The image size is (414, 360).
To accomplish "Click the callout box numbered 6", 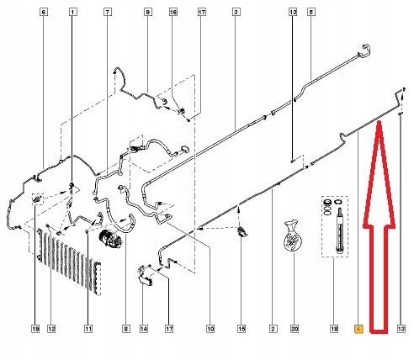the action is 43,12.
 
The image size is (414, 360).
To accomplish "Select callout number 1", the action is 72,12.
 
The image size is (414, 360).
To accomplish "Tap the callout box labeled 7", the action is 108,12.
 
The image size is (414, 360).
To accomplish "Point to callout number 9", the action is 148,12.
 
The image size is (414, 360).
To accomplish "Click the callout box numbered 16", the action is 173,12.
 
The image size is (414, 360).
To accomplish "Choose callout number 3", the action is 236,12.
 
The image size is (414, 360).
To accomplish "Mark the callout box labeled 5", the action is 311,12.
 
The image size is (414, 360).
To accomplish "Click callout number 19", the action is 35,329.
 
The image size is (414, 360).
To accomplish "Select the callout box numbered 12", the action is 51,329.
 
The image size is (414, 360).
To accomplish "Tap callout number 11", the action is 88,329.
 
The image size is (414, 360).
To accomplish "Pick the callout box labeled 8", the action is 126,329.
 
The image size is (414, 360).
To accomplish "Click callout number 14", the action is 144,329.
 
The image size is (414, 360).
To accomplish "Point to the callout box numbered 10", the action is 210,329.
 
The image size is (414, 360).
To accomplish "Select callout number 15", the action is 241,329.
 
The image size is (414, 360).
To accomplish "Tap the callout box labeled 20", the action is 295,329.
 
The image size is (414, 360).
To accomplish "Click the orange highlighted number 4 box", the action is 359,329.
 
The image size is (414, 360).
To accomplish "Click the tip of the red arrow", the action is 379,121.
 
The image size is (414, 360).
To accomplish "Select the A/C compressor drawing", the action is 109,238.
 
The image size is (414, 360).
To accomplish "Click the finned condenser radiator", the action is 69,262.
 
